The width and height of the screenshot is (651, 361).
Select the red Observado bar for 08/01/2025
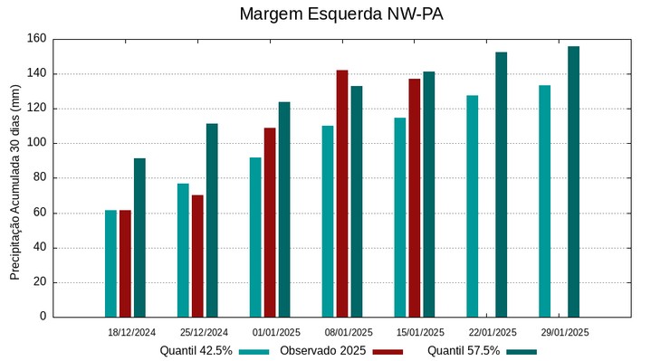point(342,194)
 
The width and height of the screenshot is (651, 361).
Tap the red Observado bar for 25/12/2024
point(197,256)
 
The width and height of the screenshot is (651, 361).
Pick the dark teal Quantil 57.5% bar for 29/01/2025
point(573,182)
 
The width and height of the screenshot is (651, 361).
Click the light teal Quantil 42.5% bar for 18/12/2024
point(110,263)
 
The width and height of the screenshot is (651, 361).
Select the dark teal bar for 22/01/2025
point(501,185)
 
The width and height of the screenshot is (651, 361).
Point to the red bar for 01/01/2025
point(270,223)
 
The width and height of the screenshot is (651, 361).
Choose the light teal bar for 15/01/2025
point(399,217)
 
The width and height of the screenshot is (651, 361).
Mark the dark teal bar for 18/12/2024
point(139,238)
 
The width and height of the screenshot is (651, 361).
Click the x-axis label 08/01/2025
point(349,332)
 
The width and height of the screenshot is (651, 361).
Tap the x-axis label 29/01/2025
point(566,332)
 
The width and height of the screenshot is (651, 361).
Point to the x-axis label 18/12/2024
point(131,332)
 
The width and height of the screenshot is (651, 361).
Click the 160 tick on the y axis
point(36,39)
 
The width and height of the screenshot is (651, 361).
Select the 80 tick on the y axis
point(39,178)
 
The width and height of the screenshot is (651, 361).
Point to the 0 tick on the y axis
point(43,317)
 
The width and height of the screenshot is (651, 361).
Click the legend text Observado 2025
point(322,351)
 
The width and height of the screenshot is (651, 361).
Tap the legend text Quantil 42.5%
point(196,351)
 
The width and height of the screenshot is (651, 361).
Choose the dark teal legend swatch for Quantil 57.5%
point(522,351)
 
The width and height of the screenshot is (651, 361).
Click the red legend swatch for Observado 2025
point(388,351)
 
